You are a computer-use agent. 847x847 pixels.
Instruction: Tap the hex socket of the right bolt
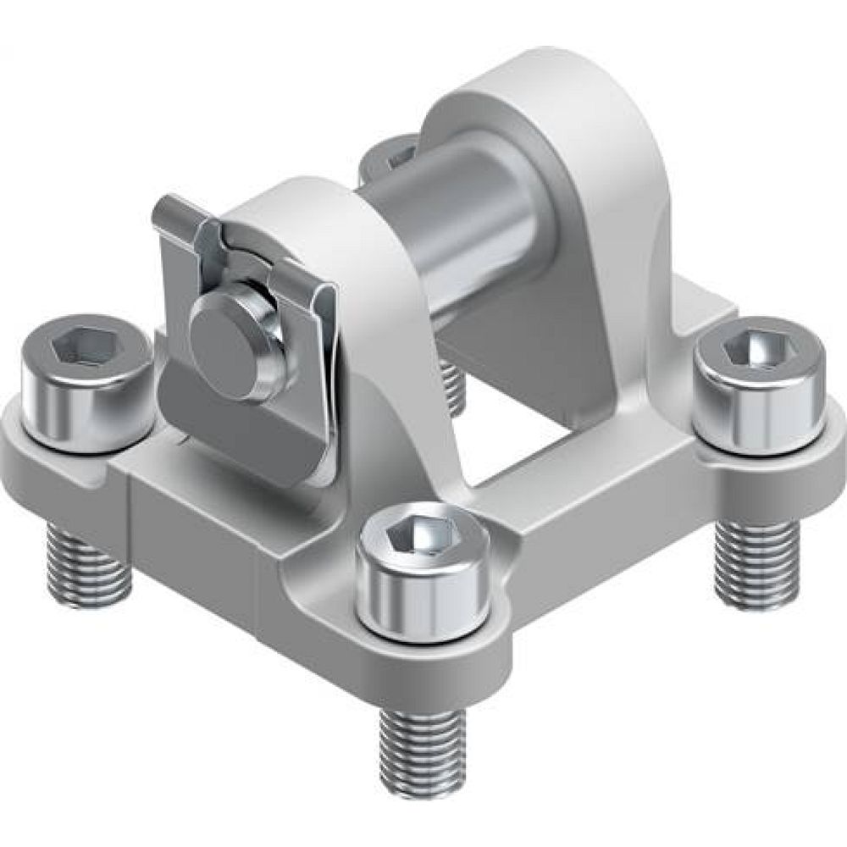pyautogui.click(x=756, y=346)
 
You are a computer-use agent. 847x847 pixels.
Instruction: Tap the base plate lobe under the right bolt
pyautogui.click(x=762, y=474)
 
